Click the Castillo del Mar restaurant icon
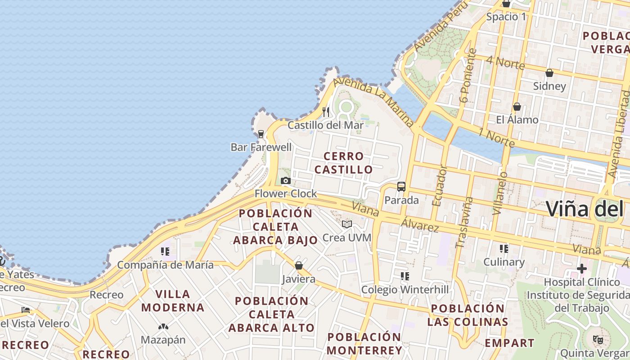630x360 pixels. click(x=326, y=112)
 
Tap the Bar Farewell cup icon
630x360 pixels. click(x=261, y=134)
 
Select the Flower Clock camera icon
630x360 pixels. click(x=285, y=181)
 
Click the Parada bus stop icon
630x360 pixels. click(x=401, y=187)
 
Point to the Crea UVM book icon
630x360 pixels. click(x=346, y=224)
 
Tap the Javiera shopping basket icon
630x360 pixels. click(x=298, y=266)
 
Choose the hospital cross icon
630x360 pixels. click(x=582, y=269)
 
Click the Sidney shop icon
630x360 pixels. click(x=549, y=73)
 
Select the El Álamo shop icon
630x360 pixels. click(x=517, y=107)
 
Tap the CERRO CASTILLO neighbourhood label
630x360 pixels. click(x=344, y=163)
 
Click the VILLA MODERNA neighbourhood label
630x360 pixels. click(x=173, y=301)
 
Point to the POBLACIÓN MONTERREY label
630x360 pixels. click(x=364, y=344)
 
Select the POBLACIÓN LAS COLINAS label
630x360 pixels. click(x=468, y=315)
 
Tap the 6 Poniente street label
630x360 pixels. click(x=468, y=76)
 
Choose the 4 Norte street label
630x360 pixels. click(x=506, y=63)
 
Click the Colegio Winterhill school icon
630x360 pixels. click(x=405, y=276)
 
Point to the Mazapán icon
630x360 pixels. click(x=163, y=326)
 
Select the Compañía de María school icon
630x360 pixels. click(x=165, y=252)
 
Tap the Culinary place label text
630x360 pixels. click(x=504, y=262)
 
